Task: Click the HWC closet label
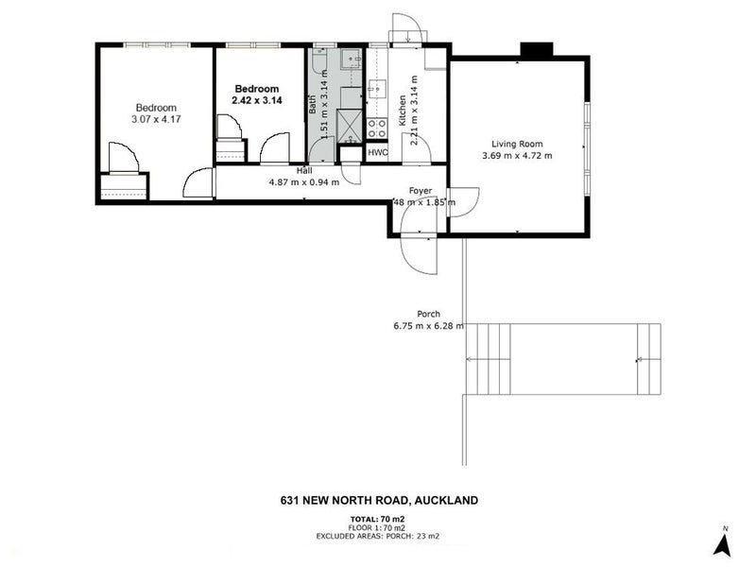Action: [378, 152]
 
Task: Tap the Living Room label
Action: [517, 144]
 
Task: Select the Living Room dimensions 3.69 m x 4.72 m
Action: [517, 156]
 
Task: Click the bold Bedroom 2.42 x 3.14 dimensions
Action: [258, 101]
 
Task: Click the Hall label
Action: [304, 170]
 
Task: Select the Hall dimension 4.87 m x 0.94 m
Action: [304, 182]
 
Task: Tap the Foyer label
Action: [421, 190]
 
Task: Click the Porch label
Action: [429, 314]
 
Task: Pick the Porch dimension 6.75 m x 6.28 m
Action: [429, 326]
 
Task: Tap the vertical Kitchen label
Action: [403, 112]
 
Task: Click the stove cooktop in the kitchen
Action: [377, 129]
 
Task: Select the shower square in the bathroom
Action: [351, 125]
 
